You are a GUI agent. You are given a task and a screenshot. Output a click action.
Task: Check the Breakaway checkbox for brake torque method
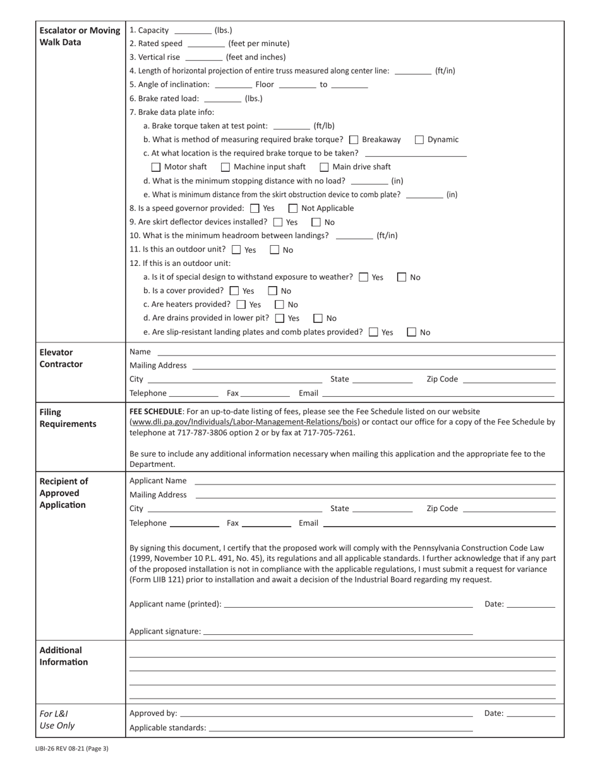tap(354, 140)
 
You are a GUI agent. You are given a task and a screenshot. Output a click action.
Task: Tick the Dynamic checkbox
tap(419, 140)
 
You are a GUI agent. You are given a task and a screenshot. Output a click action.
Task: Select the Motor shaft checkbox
tap(156, 167)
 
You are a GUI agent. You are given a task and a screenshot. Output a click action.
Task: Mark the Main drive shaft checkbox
tap(324, 167)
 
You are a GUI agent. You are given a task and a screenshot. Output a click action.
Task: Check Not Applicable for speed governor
tap(293, 208)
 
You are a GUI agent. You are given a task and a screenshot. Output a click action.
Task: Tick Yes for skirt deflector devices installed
tap(278, 222)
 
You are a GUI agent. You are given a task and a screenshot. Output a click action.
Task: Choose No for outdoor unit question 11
tap(275, 250)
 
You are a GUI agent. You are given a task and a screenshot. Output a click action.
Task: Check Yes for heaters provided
tap(241, 304)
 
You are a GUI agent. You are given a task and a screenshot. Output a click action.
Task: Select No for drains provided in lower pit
tap(318, 318)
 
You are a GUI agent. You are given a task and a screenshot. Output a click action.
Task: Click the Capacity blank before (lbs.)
tap(193, 31)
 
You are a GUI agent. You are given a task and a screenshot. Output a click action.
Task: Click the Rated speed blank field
tap(206, 44)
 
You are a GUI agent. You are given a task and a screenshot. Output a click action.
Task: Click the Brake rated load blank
tap(223, 99)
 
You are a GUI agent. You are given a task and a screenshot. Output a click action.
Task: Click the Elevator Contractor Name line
tap(356, 352)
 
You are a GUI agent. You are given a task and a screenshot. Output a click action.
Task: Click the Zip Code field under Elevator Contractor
tap(509, 380)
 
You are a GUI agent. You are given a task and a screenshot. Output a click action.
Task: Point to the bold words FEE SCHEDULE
tap(156, 411)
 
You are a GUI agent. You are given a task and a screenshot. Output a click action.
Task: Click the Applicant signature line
tap(338, 632)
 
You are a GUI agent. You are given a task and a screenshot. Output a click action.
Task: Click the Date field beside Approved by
tap(531, 714)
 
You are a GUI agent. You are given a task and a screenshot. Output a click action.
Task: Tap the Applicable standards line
tap(340, 728)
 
